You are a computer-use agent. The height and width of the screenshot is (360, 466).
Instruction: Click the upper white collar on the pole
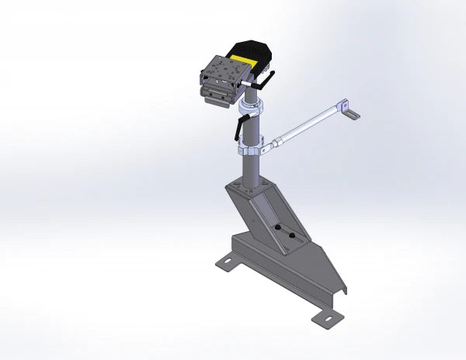point(252,106)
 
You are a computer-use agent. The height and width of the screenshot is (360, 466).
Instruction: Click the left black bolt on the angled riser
point(276,228)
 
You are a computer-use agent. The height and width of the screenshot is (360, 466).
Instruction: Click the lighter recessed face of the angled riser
point(268,213)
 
